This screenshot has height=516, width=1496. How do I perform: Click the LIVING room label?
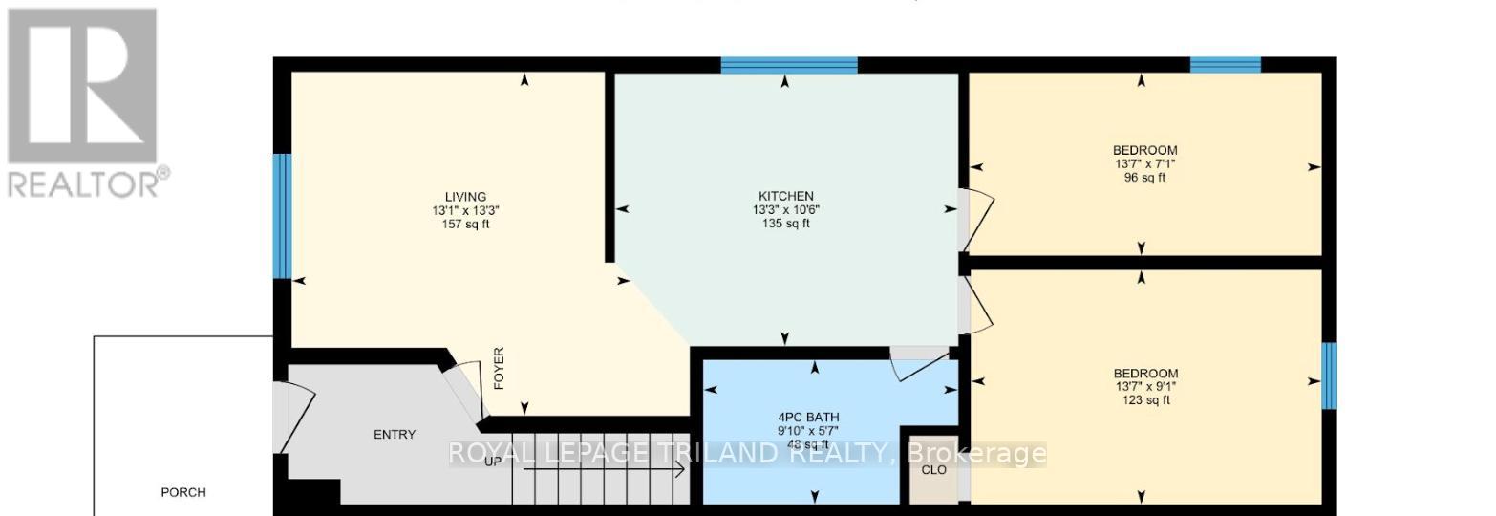[465, 197]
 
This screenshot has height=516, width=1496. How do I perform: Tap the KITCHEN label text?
[780, 196]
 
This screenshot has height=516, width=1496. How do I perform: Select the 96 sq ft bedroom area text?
[1144, 177]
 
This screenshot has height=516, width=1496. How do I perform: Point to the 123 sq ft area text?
[1145, 400]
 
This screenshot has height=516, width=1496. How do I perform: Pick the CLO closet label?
[933, 470]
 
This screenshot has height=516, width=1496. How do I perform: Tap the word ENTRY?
[395, 435]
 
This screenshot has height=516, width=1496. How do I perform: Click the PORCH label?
[183, 492]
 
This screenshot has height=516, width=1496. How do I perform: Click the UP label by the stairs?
[493, 462]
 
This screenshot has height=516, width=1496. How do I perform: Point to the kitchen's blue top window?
[789, 65]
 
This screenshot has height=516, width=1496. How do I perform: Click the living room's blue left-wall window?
[282, 216]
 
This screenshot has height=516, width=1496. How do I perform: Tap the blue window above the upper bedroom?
[1225, 65]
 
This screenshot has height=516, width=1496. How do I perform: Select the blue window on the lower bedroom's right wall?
[1328, 375]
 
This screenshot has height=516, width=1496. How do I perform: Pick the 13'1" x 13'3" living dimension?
[465, 210]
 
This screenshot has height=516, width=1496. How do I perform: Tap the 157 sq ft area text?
[465, 225]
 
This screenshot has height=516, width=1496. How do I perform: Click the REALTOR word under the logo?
[86, 182]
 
